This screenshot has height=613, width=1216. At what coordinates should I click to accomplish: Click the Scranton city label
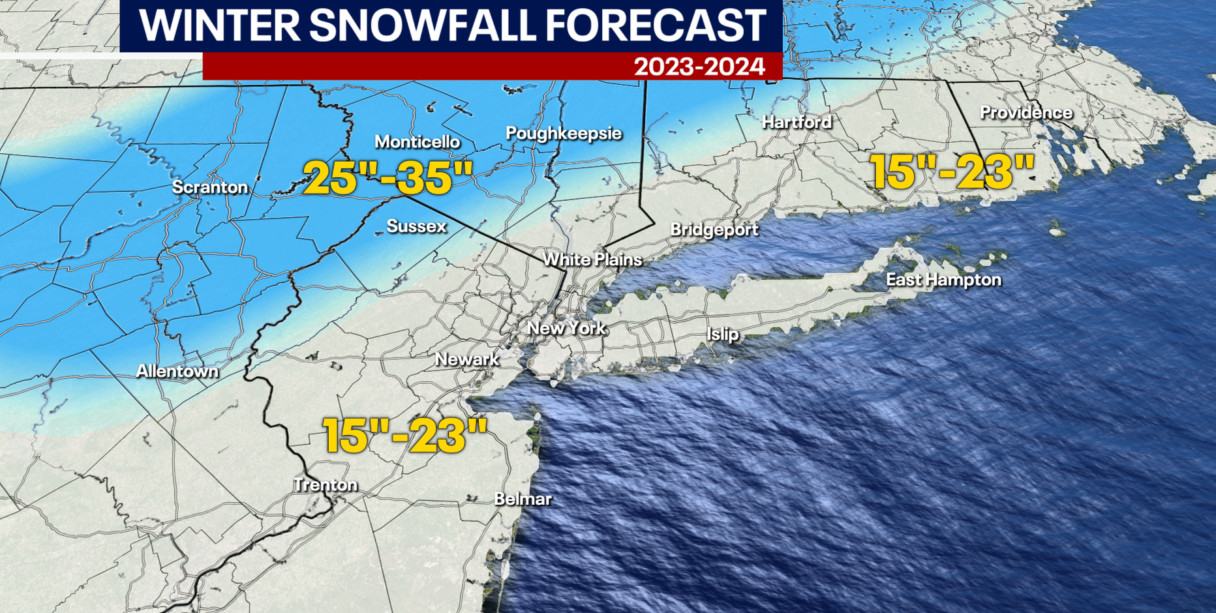(x=210, y=187)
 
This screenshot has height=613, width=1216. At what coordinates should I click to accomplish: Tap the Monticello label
(x=417, y=142)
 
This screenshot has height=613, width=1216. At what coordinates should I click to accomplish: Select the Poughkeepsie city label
(x=564, y=133)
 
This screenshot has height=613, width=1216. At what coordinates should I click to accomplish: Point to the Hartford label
(x=797, y=122)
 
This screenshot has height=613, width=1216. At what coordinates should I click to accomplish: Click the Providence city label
(x=1026, y=113)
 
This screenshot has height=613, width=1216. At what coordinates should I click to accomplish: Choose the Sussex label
(x=416, y=226)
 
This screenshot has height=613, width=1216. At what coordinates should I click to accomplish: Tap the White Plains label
(x=592, y=260)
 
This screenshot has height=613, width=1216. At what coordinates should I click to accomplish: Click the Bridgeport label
(x=714, y=230)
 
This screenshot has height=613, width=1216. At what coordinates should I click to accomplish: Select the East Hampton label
(x=943, y=280)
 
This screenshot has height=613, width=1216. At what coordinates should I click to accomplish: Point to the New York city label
(x=566, y=328)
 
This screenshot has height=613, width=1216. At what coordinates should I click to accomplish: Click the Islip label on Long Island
(x=723, y=335)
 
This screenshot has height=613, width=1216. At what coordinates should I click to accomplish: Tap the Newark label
(x=467, y=359)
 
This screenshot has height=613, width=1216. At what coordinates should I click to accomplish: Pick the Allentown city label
(x=177, y=371)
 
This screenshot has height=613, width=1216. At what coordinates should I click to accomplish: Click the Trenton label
(x=326, y=485)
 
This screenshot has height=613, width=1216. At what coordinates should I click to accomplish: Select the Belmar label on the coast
(x=523, y=500)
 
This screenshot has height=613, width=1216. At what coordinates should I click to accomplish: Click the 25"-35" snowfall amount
(x=388, y=178)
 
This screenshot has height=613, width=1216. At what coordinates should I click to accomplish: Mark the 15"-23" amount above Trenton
(x=405, y=436)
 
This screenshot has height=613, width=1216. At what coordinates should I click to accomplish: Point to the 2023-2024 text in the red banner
(x=699, y=67)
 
